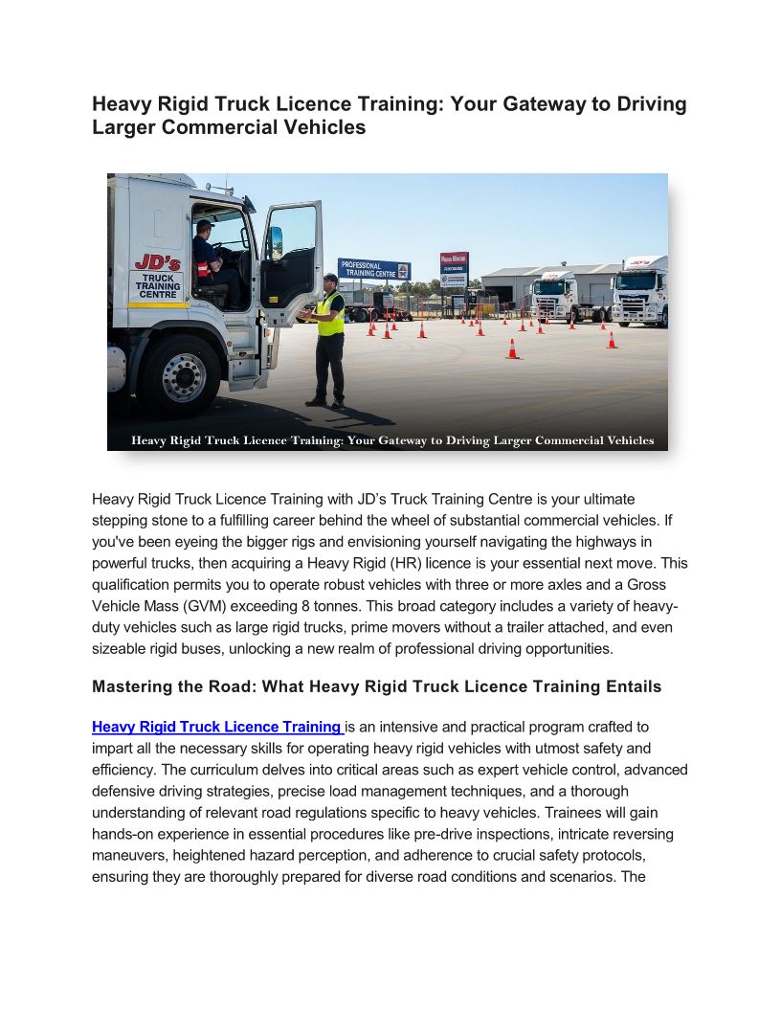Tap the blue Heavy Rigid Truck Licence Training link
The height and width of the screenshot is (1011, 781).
tap(216, 727)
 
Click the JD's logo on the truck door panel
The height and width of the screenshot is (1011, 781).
tap(154, 263)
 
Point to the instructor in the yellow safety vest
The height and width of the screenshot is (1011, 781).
tap(327, 336)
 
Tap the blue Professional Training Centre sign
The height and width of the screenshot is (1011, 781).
tap(373, 270)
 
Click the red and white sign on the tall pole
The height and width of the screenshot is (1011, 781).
tap(454, 264)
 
